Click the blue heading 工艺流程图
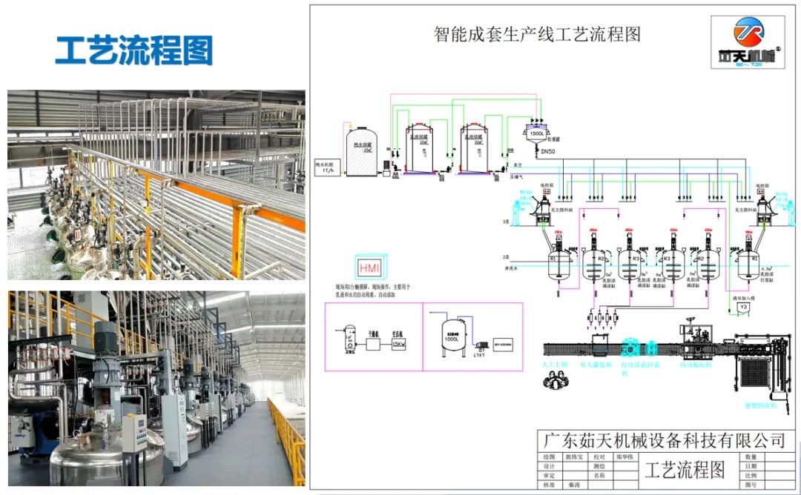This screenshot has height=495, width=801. [134, 50]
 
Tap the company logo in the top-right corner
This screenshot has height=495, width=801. [749, 43]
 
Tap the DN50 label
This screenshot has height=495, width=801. [548, 152]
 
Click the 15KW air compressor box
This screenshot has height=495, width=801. [398, 344]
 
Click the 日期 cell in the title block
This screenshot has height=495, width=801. [751, 467]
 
